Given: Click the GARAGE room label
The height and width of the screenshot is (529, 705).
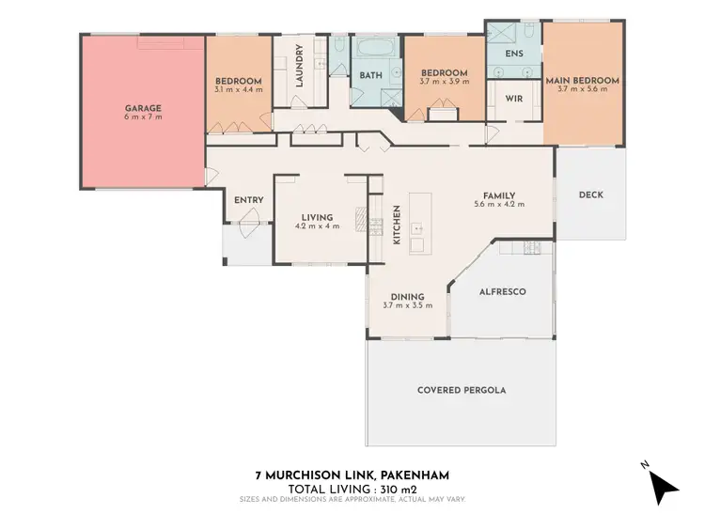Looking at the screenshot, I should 143,108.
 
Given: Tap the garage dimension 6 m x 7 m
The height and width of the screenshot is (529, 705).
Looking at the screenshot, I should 143,117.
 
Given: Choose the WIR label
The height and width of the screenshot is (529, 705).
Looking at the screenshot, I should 513,98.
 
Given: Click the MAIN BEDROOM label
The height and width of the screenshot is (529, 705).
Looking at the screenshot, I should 583,81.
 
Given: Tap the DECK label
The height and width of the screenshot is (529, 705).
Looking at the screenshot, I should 590,195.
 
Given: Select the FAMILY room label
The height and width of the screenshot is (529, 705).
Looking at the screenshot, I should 499,194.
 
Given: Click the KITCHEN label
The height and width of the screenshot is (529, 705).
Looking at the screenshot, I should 397,226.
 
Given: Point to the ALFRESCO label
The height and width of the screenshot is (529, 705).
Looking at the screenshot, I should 503,292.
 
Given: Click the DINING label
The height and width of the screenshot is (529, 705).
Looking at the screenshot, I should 407,296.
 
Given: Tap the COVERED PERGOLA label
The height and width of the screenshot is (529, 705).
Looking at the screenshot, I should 461,389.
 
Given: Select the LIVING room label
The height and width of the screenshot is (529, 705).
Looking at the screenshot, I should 316,217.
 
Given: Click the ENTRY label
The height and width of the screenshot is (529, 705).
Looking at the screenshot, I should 249,199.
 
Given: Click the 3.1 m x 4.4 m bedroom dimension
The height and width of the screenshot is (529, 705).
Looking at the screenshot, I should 238,89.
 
